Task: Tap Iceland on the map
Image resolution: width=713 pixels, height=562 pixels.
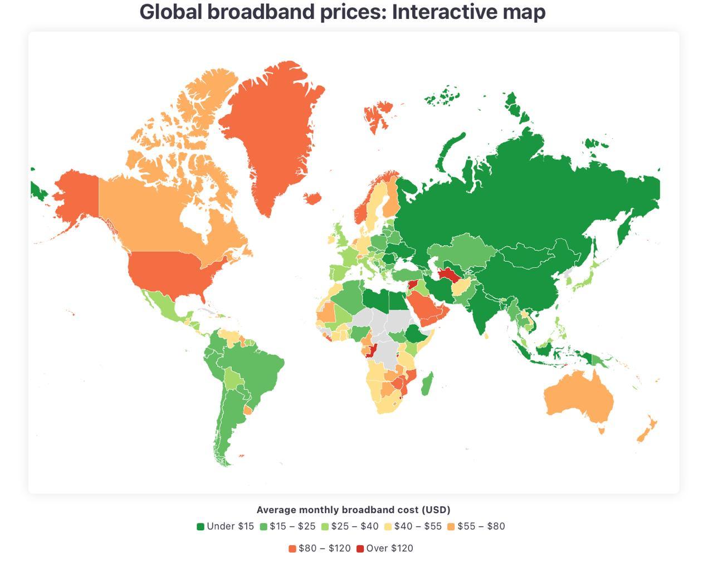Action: [312, 198]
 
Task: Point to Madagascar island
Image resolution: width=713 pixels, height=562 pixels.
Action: [426, 384]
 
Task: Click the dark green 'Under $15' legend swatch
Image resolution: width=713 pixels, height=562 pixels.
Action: [201, 526]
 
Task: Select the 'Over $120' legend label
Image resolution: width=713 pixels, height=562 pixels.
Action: [389, 548]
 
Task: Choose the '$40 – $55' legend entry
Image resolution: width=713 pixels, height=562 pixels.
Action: [418, 526]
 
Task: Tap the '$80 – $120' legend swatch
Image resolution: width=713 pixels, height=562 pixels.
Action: [292, 549]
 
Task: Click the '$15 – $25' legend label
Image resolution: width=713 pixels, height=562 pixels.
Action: [292, 526]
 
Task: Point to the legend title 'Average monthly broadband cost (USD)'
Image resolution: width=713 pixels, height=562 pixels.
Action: [353, 510]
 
